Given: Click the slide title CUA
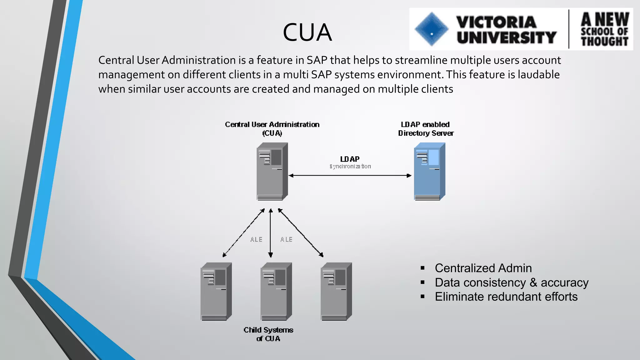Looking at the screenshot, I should tap(307, 32).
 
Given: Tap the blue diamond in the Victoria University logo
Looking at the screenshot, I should tap(432, 29).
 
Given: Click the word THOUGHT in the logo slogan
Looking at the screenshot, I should tap(604, 41).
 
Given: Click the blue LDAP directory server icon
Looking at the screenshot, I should tap(429, 171).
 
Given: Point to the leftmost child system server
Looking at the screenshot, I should tap(216, 291).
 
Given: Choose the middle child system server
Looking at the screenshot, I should tap(276, 291).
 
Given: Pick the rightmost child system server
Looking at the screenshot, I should tap(336, 291).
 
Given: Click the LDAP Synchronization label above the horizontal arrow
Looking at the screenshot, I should tap(350, 162).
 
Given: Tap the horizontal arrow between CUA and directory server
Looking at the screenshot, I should tap(350, 176).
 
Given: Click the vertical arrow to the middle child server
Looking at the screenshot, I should tap(271, 233).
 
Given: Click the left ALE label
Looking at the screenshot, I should tap(256, 240).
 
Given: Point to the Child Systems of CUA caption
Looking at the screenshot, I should tap(268, 334).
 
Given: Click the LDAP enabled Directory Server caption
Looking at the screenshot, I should tap(426, 129).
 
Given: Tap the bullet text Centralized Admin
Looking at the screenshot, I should tap(483, 268).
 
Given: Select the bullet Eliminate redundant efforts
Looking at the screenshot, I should tap(506, 297).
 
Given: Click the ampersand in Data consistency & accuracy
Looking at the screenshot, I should tap(533, 282).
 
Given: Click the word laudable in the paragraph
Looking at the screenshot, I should tap(538, 75).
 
